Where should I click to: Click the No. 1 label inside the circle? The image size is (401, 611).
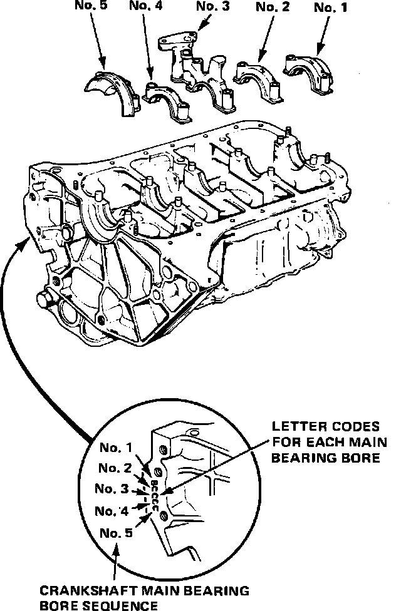pyautogui.click(x=116, y=448)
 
